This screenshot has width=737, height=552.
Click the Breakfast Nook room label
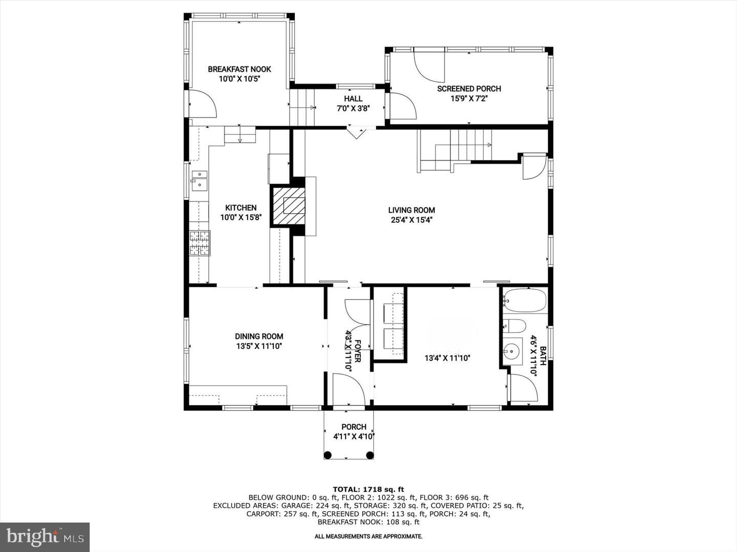pos(240,70)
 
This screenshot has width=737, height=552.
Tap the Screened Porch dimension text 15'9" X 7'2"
pos(469,99)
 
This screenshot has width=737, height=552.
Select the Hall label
pos(353,99)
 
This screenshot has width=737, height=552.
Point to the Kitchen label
pos(241,208)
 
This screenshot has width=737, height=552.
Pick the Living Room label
pos(411,211)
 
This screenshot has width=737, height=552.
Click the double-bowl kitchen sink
pos(200,180)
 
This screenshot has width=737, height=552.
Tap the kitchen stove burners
pos(200,243)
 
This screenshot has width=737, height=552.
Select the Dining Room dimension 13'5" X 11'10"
pos(259,346)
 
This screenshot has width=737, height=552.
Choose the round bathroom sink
pos(512,352)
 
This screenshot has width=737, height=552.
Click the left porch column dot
pos(328,455)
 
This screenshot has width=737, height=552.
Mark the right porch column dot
pos(370,455)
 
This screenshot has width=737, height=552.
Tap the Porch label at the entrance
pos(354,427)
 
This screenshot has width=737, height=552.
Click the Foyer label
pos(358,351)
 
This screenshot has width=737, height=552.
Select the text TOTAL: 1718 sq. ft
pos(368,490)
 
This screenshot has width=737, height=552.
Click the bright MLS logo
pos(45,537)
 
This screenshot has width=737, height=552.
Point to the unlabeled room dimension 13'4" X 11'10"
pos(447,358)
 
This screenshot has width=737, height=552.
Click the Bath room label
pos(543,356)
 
